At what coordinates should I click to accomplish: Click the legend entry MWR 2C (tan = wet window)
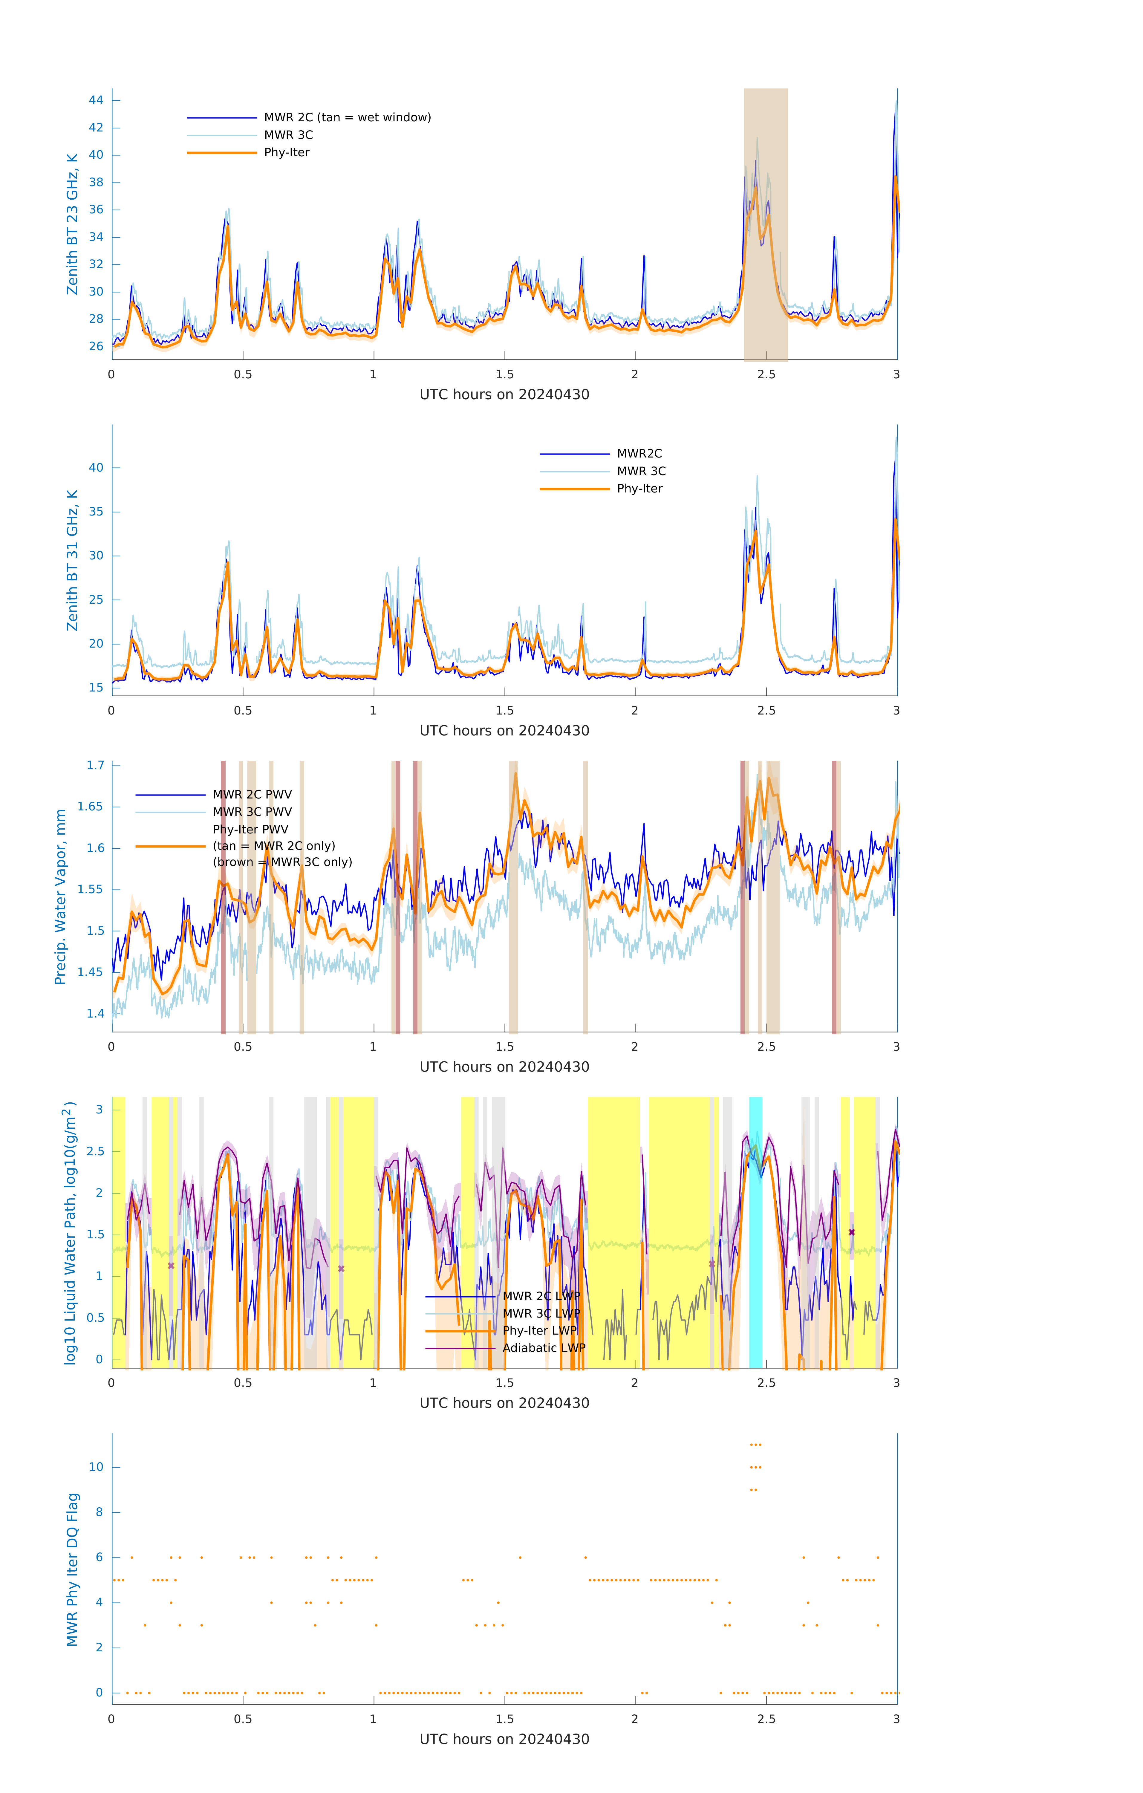pyautogui.click(x=347, y=118)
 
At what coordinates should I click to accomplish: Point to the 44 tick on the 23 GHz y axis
pyautogui.click(x=96, y=100)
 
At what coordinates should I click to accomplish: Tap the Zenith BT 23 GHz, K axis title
pyautogui.click(x=72, y=224)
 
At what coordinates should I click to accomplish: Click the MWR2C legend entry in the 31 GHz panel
pyautogui.click(x=639, y=453)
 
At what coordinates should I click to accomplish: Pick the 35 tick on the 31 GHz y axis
pyautogui.click(x=96, y=512)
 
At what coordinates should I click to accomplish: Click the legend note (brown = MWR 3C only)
pyautogui.click(x=282, y=862)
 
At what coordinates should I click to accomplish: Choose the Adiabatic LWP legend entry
pyautogui.click(x=544, y=1348)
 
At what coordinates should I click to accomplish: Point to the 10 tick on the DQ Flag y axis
pyautogui.click(x=96, y=1468)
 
